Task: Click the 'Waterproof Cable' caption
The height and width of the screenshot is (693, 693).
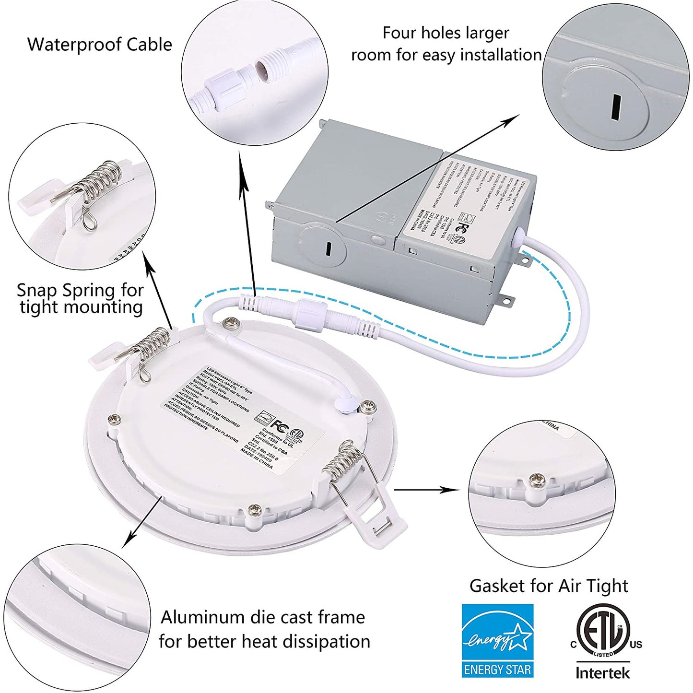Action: [99, 45]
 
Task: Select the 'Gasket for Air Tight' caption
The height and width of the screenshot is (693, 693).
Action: [548, 586]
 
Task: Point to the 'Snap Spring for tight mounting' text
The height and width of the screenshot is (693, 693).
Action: [80, 298]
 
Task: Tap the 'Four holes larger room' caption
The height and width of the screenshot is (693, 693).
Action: [446, 44]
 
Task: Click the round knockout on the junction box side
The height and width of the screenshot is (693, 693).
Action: [322, 246]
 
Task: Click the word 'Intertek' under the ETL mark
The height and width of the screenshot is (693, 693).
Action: [602, 673]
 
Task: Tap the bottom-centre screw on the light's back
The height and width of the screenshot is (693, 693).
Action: [254, 509]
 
